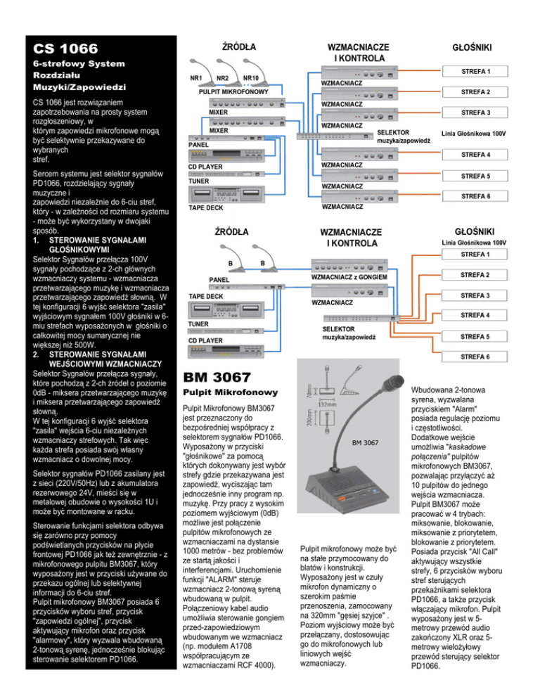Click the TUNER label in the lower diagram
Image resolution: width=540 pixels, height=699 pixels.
point(200,324)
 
